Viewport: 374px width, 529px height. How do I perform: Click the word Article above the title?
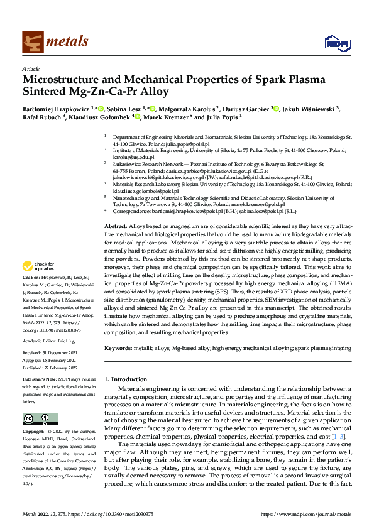pos(31,68)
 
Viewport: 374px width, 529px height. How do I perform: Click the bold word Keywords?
pos(117,347)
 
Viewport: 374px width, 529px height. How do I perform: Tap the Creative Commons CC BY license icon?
pos(40,418)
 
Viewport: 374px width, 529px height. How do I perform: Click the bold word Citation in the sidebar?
pos(31,295)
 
